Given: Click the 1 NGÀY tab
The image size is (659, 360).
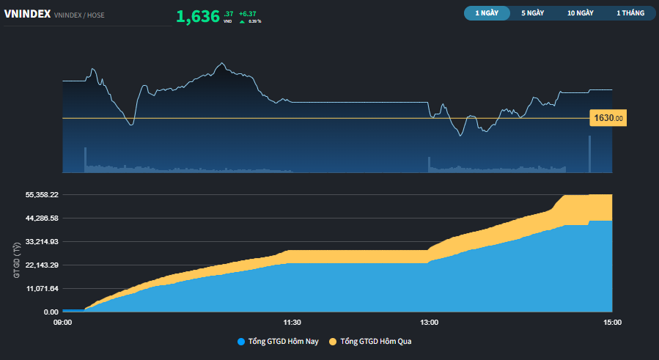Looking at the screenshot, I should coord(487,13).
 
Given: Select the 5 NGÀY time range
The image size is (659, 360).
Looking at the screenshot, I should coord(532,13).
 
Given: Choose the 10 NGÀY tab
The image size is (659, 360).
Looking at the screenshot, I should coord(580,13).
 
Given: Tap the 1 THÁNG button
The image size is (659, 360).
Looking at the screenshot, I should coord(629,13).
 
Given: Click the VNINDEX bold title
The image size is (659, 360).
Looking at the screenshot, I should coord(27,13).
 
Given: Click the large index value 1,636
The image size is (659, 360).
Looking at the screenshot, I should coord(198,17).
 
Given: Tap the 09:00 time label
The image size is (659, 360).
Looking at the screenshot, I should coord(63,322).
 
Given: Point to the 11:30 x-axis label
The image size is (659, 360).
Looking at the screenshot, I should coord(292,322).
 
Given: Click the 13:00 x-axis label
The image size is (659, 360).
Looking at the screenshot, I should coord(429,322).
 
